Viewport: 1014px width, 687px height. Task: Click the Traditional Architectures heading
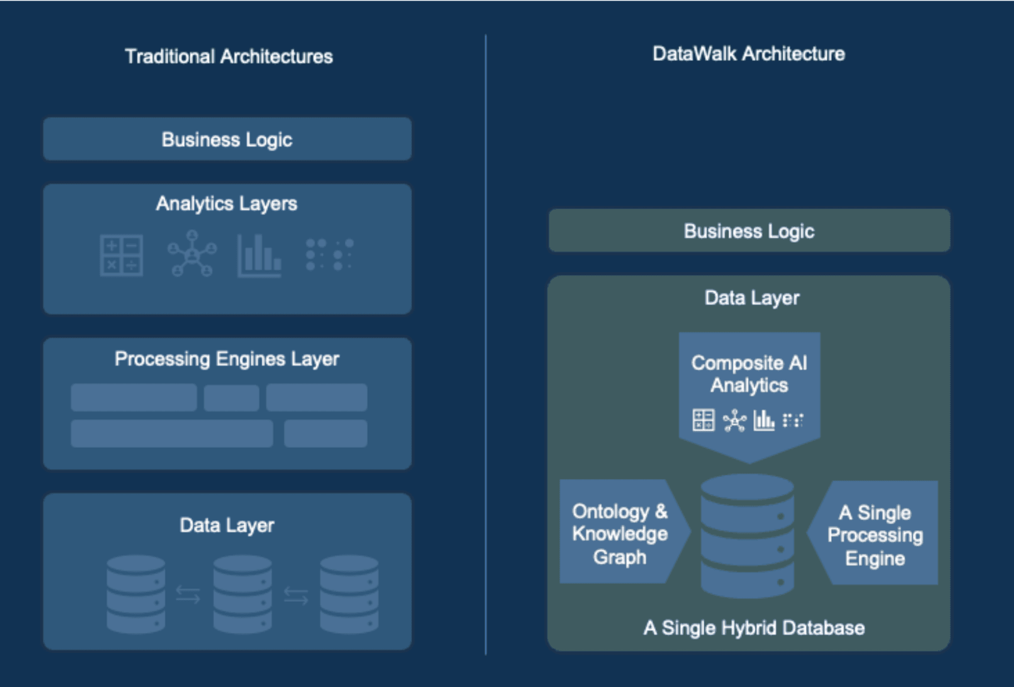tap(228, 56)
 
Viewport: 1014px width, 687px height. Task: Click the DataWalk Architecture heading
tap(748, 54)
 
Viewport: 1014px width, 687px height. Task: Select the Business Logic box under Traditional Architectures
tap(227, 139)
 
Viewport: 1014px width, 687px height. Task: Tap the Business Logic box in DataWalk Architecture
tap(749, 231)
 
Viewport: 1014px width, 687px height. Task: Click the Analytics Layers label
tap(226, 204)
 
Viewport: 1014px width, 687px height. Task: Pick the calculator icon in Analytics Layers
tap(121, 255)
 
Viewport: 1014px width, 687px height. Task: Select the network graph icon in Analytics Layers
tap(192, 254)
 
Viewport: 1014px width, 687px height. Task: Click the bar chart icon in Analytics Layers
tap(260, 256)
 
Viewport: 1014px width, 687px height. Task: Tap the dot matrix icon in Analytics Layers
tap(329, 255)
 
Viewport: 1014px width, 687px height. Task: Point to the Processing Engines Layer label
tap(226, 359)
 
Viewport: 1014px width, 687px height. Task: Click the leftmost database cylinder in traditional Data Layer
tap(136, 594)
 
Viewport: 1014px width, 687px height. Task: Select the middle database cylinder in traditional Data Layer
tap(242, 594)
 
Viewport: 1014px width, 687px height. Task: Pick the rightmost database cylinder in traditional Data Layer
tap(349, 594)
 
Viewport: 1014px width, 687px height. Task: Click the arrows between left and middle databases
tap(188, 594)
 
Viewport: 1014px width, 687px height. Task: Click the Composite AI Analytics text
tap(749, 374)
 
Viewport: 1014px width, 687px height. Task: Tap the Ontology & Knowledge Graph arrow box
tap(620, 534)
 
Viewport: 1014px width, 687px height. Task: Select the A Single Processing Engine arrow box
tap(875, 535)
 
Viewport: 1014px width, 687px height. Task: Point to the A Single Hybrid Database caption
tap(754, 628)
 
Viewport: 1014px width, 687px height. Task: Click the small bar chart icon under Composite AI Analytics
tap(763, 420)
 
